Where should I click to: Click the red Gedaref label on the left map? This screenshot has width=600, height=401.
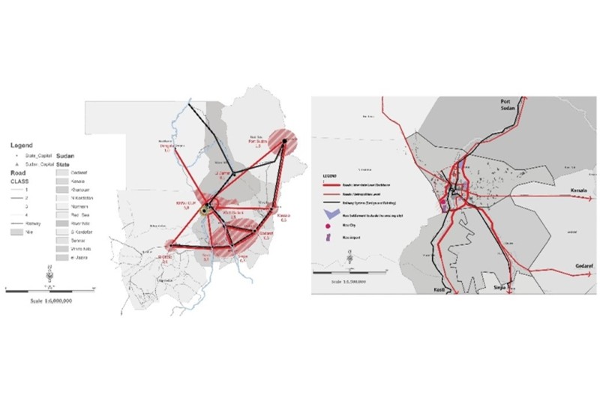(x=266, y=234)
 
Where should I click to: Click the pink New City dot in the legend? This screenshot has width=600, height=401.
(x=326, y=224)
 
